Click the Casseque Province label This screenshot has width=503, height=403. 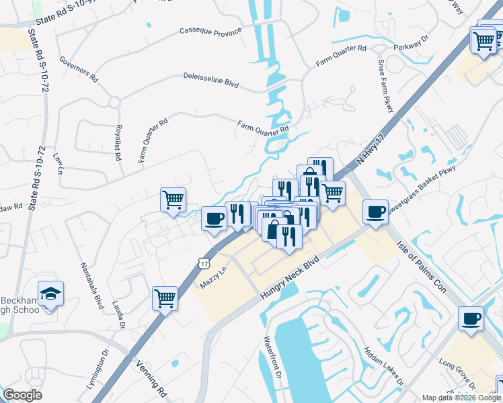point(210,31)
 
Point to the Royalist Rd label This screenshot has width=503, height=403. point(118,141)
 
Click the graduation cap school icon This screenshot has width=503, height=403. point(50,294)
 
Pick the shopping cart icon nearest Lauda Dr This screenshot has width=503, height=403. point(165,297)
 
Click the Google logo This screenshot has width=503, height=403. point(22,395)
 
